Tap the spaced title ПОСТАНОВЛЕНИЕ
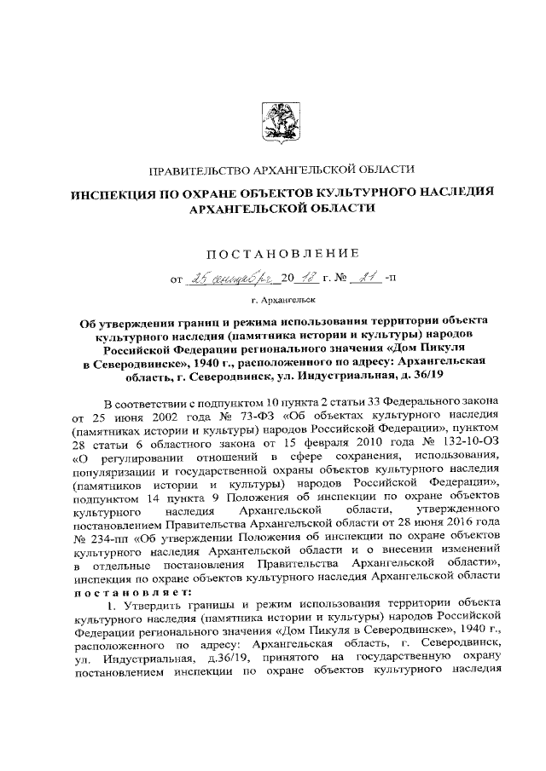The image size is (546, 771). coord(281,251)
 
